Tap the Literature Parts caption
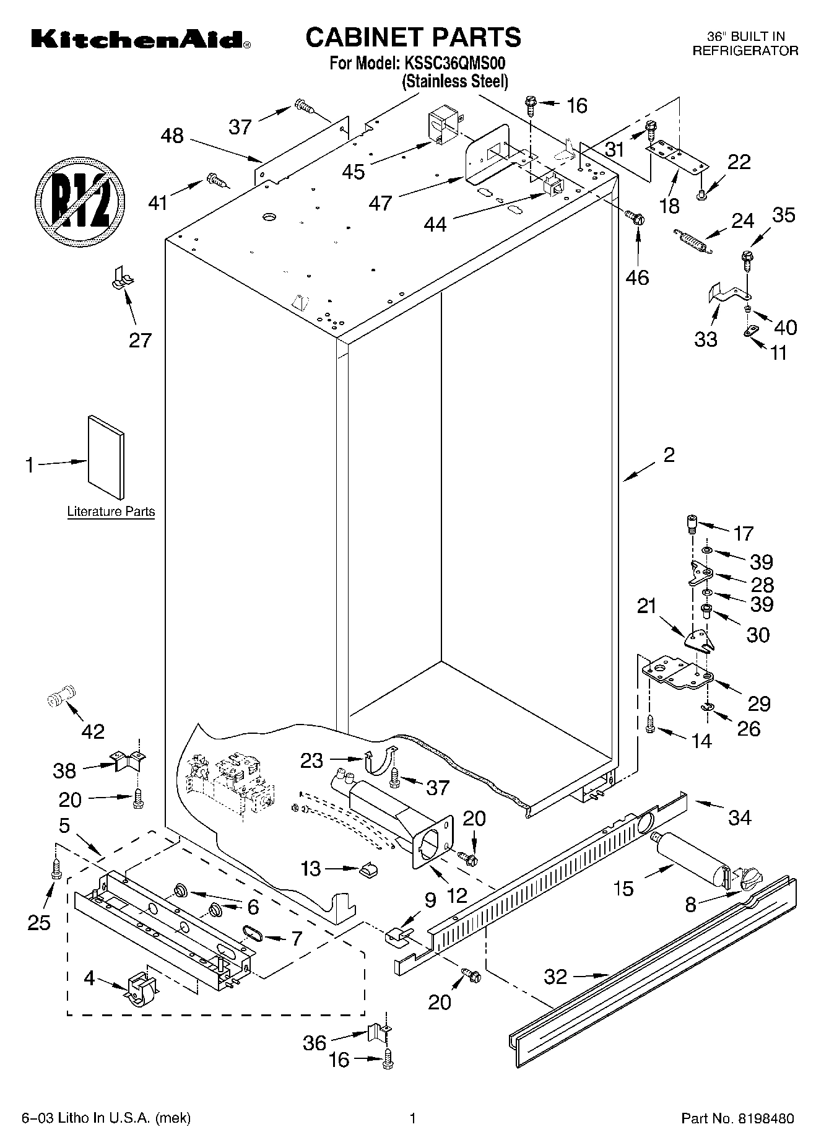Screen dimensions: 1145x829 (111, 512)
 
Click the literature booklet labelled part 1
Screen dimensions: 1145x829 (106, 456)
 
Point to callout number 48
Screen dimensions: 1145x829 (172, 136)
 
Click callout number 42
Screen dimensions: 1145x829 (93, 731)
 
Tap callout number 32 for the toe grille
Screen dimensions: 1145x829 (555, 977)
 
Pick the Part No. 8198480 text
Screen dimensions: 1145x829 (737, 1118)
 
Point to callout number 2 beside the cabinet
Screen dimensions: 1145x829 (669, 455)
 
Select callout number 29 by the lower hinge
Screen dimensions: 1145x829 (759, 703)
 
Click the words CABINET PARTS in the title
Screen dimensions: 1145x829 (413, 37)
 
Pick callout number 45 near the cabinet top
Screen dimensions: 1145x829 (354, 172)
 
